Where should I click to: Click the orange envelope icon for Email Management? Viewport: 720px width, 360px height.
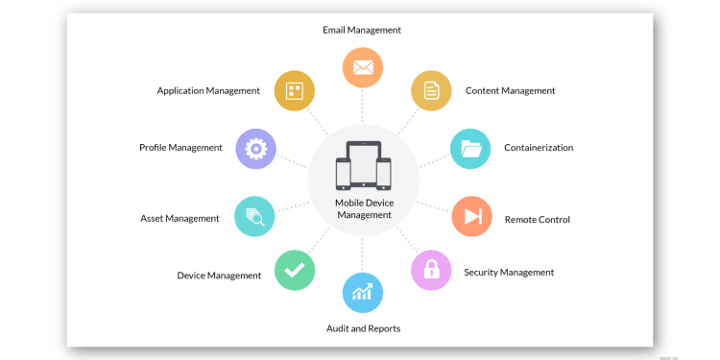[363, 68]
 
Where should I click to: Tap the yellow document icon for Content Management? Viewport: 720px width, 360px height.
[431, 91]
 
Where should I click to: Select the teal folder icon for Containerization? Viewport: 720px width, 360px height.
[470, 148]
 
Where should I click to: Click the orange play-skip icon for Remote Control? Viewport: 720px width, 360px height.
[471, 217]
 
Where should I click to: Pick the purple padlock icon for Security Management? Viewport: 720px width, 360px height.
[431, 270]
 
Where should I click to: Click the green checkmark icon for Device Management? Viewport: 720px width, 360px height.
[295, 270]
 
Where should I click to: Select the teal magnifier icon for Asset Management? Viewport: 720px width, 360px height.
[254, 216]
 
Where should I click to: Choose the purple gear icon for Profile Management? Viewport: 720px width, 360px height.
[255, 149]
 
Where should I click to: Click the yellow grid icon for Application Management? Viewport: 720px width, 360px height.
[295, 91]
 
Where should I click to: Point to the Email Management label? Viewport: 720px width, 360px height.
[362, 30]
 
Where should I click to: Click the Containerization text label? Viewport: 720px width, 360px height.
[539, 148]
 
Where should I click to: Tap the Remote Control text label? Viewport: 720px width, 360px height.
[538, 220]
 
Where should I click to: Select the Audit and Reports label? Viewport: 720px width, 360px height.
[363, 328]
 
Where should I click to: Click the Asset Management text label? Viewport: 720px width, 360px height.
[180, 219]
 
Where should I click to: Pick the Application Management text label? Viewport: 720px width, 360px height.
[208, 91]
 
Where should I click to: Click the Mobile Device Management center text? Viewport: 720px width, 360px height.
[364, 209]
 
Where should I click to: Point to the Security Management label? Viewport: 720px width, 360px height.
[509, 273]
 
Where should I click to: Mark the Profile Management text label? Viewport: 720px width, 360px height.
[180, 148]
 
